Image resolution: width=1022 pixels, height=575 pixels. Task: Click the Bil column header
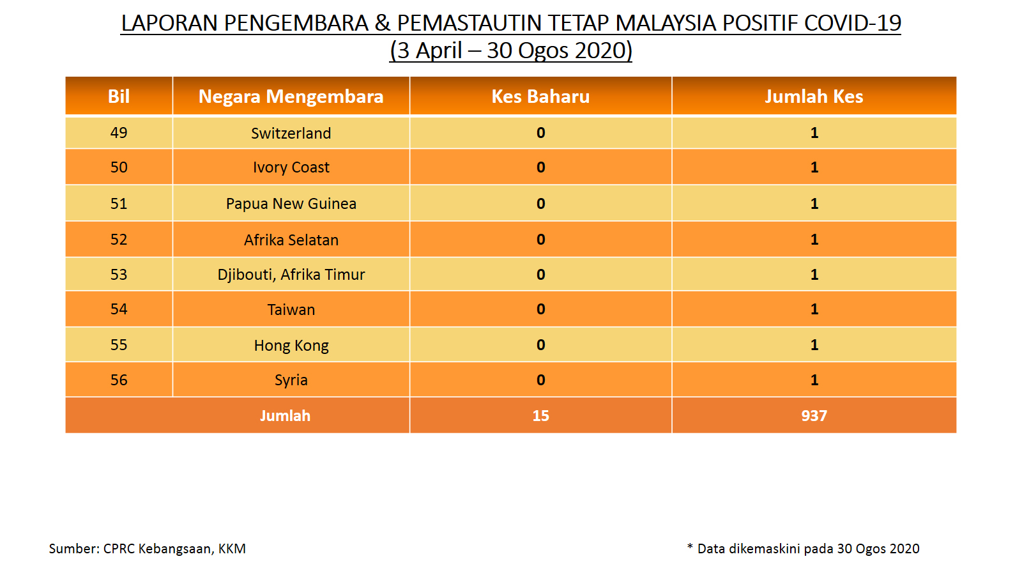pos(119,96)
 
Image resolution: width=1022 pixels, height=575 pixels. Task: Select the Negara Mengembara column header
pos(291,96)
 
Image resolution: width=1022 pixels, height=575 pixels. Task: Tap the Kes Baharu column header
pos(540,96)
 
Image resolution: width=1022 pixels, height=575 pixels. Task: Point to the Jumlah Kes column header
pos(814,96)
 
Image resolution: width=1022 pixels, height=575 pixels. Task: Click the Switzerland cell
pos(291,134)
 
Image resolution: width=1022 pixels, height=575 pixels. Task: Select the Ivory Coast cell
pos(291,167)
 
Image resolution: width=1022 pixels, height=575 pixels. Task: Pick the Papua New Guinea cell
pos(291,204)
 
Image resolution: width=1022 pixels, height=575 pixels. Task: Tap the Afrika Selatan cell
pos(291,240)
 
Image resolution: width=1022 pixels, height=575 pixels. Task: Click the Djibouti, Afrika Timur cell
pos(291,275)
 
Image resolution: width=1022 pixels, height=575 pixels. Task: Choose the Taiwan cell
pos(291,310)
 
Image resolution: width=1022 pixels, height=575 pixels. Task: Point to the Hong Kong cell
pos(291,346)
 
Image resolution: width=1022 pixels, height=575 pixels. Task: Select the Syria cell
pos(291,380)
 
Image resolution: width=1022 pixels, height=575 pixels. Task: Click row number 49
pos(119,133)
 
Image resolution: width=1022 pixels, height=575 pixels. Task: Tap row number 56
pos(119,380)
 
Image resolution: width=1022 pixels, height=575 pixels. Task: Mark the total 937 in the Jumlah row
pos(814,416)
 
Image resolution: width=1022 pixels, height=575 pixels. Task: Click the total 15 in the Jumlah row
pos(540,416)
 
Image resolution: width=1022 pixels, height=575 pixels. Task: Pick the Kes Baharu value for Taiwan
pos(540,309)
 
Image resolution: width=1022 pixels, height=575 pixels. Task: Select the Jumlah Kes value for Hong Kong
pos(814,345)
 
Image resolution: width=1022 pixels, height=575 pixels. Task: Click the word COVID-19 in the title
pos(852,23)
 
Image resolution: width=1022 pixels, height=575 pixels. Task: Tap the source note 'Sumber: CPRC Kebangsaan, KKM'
pos(148,549)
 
